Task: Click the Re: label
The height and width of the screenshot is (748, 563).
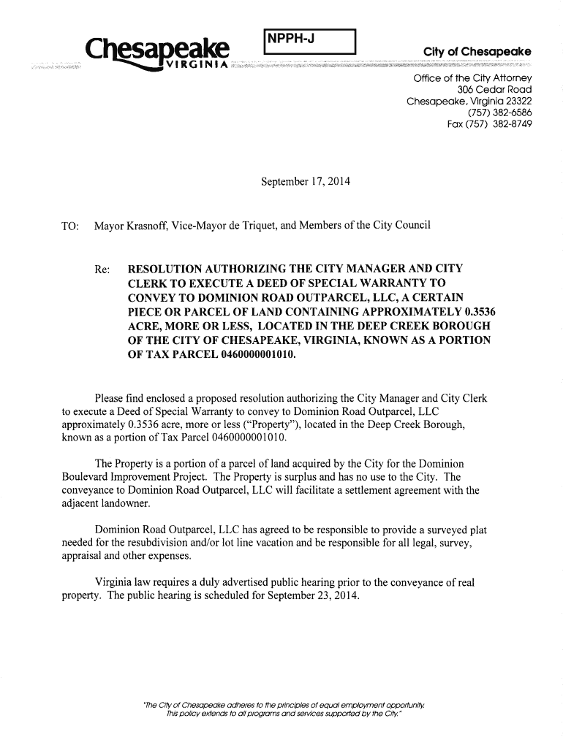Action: tap(103, 270)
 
